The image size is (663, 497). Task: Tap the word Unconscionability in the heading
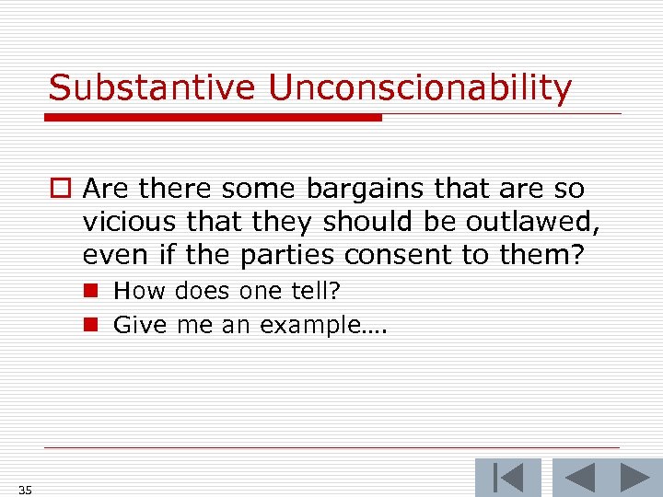click(420, 88)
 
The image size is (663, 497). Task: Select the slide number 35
click(24, 491)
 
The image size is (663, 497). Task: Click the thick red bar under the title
click(215, 118)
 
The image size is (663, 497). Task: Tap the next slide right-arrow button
click(634, 477)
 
